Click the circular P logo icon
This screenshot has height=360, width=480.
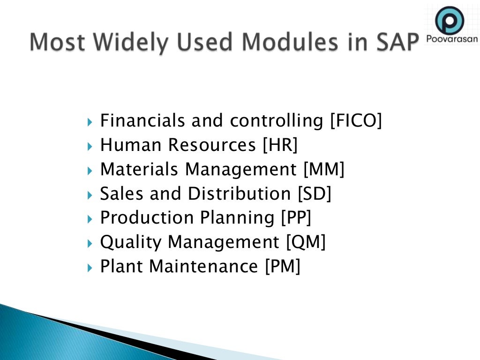coord(449,20)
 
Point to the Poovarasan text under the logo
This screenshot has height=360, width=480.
coord(451,39)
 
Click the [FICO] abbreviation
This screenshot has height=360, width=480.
coord(356,121)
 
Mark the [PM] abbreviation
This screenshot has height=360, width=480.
coord(282,267)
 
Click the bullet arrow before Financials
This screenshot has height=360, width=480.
coord(90,122)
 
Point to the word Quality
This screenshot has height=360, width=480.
coord(131,243)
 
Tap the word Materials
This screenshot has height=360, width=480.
coord(139,170)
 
